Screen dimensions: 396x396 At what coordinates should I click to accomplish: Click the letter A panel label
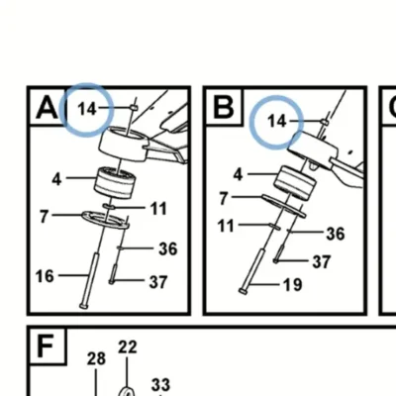click(47, 107)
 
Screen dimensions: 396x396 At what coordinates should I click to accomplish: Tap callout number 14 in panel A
click(87, 108)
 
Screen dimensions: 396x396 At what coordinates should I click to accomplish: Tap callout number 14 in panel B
click(277, 121)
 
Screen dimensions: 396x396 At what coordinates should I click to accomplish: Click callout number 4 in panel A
click(56, 180)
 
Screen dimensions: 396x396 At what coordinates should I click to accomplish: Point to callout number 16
click(45, 276)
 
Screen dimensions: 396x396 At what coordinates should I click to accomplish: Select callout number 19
click(292, 285)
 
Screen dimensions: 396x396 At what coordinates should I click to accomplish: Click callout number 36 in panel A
click(168, 248)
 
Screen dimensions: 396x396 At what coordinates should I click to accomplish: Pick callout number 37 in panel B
click(322, 261)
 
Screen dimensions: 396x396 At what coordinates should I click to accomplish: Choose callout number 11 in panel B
click(227, 226)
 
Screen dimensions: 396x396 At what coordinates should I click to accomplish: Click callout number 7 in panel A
click(45, 217)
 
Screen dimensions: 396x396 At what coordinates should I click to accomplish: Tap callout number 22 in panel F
click(128, 347)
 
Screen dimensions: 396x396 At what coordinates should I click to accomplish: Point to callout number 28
click(96, 358)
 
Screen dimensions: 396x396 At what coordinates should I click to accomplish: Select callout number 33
click(160, 384)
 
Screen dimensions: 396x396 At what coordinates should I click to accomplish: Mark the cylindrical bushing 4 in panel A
click(115, 183)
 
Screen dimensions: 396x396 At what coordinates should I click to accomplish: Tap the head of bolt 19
click(243, 291)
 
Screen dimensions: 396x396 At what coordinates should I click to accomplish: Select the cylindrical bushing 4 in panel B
click(295, 183)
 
